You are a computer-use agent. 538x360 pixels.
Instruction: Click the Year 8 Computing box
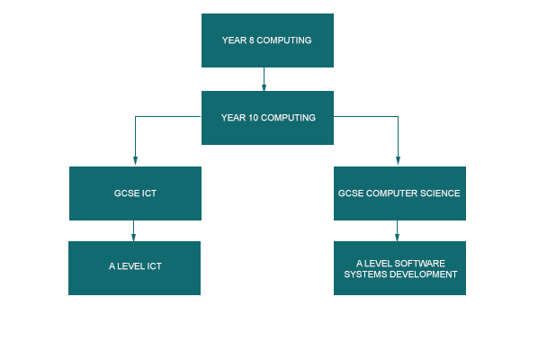coord(267,40)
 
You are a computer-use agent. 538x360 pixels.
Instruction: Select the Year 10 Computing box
coord(267,118)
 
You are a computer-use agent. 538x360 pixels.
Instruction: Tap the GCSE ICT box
coord(135,193)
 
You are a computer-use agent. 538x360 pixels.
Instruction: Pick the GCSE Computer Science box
coord(399,193)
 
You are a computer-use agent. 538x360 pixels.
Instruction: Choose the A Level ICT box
coord(135,268)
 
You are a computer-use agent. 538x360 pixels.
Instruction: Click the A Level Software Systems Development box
coord(399,268)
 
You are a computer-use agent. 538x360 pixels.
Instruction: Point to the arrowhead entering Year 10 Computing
coord(264,87)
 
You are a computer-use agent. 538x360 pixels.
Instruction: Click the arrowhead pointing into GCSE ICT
coord(135,160)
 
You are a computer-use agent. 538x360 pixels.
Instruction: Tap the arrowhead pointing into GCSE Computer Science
coord(398,160)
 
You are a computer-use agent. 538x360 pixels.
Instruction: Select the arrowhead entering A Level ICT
coord(133,237)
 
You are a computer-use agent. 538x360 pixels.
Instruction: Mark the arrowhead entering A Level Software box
coord(397,237)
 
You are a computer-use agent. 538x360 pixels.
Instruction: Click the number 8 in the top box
coord(252,40)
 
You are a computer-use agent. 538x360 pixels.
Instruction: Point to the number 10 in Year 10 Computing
coord(253,118)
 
